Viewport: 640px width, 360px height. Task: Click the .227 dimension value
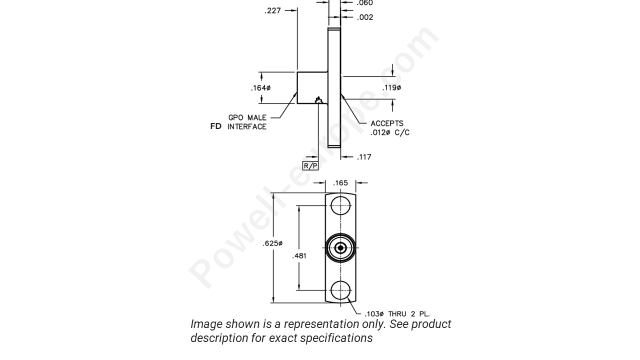click(272, 10)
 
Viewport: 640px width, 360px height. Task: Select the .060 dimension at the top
click(364, 3)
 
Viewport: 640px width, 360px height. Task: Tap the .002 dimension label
click(365, 17)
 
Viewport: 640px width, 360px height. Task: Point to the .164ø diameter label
click(260, 88)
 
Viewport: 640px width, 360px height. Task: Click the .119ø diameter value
click(392, 88)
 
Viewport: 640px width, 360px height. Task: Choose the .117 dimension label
click(364, 157)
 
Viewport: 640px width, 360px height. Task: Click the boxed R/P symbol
click(310, 166)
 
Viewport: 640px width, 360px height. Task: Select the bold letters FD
click(216, 126)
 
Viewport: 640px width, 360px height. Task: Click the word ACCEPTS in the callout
click(387, 123)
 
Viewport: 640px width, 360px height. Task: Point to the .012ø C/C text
click(390, 132)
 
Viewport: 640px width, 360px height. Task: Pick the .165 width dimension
click(340, 183)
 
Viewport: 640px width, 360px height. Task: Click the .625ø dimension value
click(272, 243)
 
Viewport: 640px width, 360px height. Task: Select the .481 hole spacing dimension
click(299, 256)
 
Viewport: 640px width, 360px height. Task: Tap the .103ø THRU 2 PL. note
click(397, 314)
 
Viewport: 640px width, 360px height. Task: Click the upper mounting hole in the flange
click(341, 205)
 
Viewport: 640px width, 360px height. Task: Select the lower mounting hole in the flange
click(341, 290)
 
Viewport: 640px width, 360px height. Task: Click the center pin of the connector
click(341, 247)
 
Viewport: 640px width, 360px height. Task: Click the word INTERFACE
click(247, 127)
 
